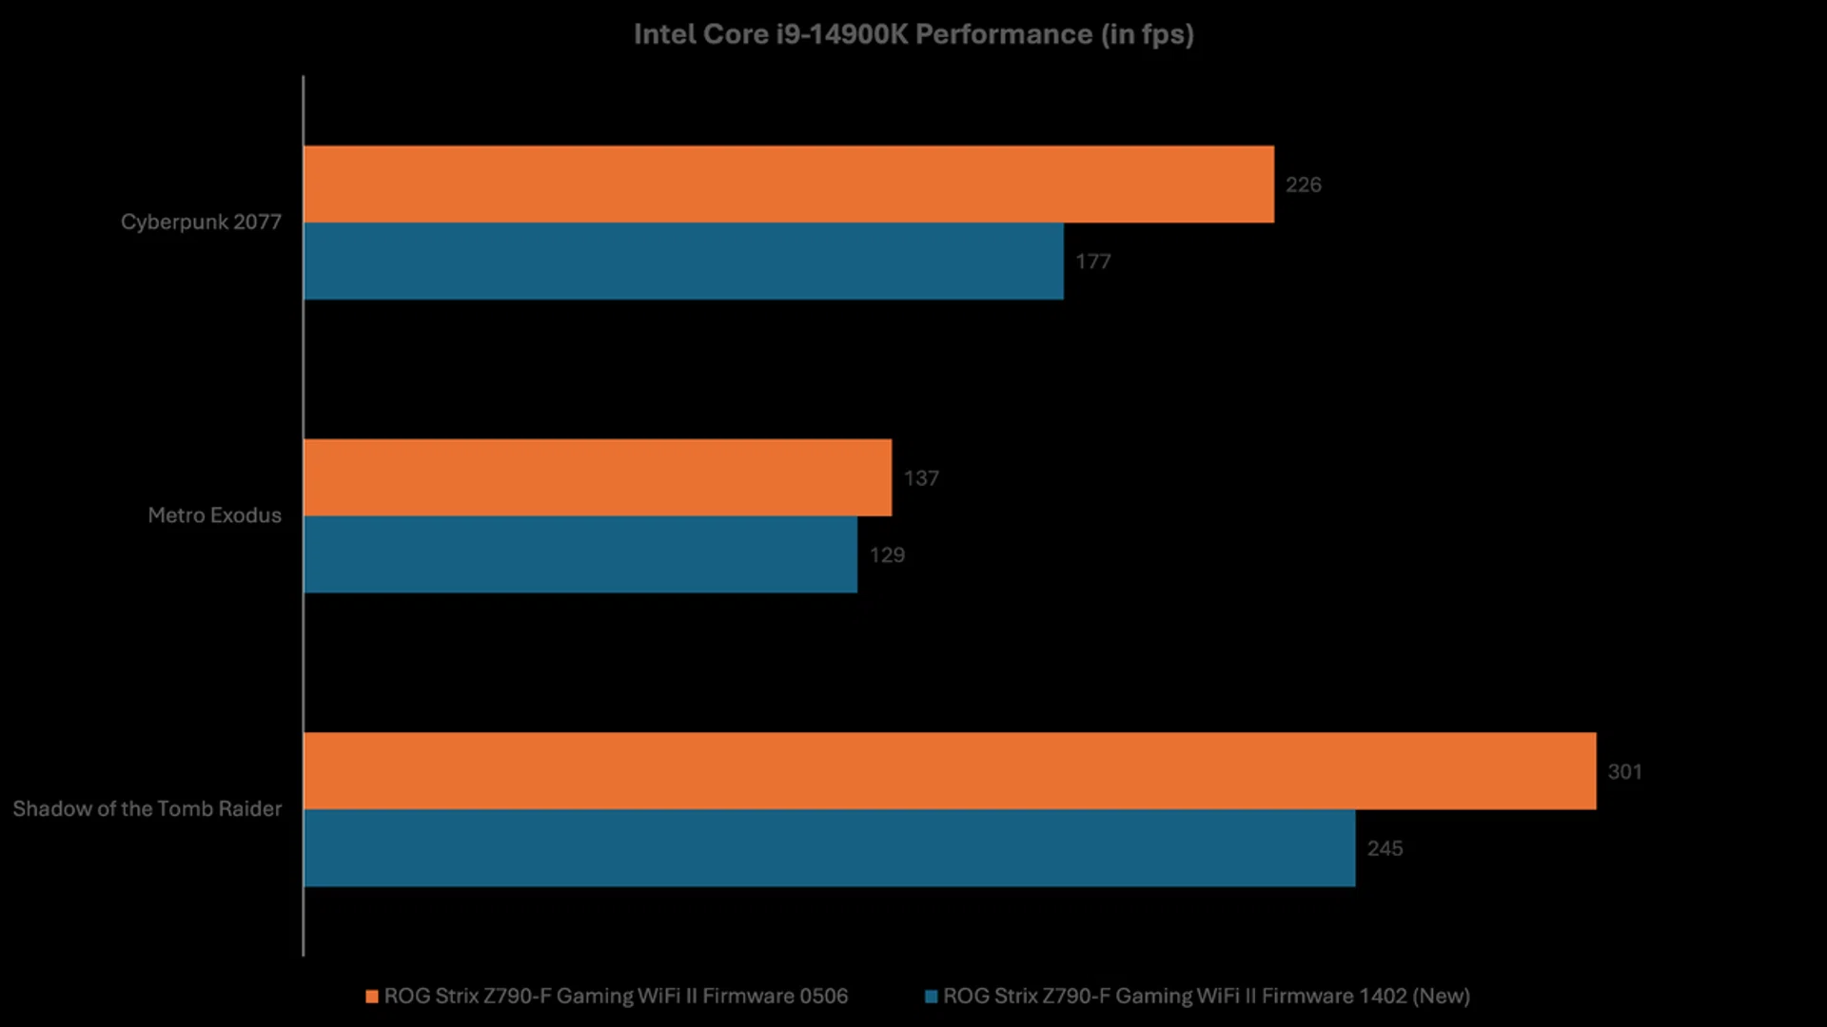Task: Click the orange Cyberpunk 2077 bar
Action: pos(788,184)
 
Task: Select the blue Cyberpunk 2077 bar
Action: pos(683,262)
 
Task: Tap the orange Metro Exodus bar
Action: pos(598,477)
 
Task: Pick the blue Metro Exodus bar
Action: pos(580,554)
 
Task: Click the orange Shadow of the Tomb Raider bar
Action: pos(950,771)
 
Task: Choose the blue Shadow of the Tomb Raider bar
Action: pos(829,848)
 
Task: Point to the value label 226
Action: pos(1303,184)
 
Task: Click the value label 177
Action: pos(1092,262)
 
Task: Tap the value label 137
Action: pos(920,478)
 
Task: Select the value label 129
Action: pos(886,555)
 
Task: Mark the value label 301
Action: pos(1624,772)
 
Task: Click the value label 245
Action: pos(1385,848)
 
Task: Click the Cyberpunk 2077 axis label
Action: pos(201,223)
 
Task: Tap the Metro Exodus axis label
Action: pos(214,515)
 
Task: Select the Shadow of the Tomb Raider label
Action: pos(147,809)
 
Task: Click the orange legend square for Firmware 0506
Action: pos(372,997)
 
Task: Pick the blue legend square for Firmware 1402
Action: pos(932,997)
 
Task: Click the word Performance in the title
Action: pos(1003,34)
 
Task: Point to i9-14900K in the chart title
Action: pos(841,34)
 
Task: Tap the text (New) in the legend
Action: pos(1441,997)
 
